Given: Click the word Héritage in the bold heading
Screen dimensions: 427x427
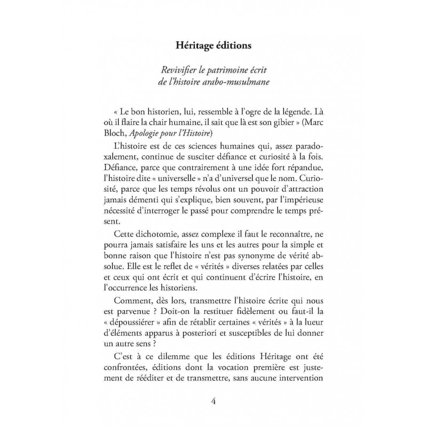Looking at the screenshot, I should [196, 46].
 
